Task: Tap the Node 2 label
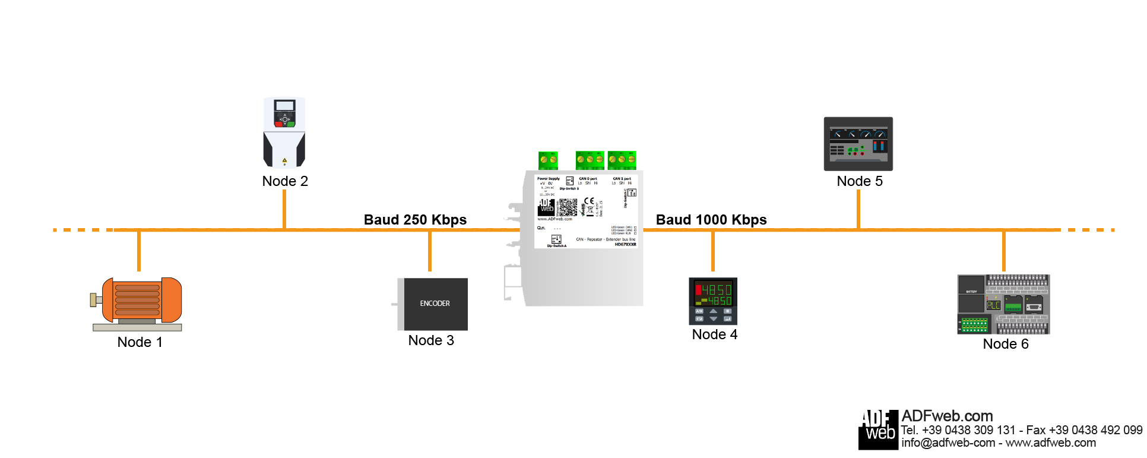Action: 285,181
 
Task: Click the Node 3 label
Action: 431,340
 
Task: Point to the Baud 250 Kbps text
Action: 415,220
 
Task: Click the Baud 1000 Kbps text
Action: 711,220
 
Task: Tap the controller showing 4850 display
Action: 713,301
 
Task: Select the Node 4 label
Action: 715,334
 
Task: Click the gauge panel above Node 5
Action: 858,144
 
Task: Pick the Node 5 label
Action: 860,181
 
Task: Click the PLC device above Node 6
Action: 1003,304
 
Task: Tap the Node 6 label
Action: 1006,344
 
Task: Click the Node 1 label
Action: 140,342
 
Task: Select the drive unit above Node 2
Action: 284,132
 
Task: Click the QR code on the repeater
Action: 568,207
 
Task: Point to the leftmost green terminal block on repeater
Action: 548,160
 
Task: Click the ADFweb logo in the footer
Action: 878,429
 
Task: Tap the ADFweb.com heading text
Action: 947,416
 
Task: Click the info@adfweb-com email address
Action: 948,443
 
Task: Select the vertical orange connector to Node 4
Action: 713,251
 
